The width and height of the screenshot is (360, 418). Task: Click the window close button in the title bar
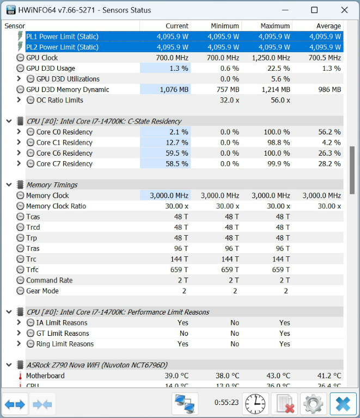[343, 10]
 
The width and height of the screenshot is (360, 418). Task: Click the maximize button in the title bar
[314, 10]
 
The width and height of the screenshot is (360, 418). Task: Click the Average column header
[328, 26]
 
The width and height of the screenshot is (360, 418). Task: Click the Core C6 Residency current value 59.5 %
[176, 153]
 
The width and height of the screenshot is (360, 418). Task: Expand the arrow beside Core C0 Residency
[19, 132]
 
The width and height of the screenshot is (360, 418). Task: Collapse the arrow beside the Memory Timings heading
[9, 185]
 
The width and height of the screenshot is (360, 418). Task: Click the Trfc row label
[32, 270]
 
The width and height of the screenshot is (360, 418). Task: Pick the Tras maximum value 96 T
[282, 249]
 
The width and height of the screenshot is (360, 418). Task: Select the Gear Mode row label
[42, 291]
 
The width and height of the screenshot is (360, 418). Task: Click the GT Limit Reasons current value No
[184, 334]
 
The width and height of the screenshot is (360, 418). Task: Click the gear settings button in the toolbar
[313, 404]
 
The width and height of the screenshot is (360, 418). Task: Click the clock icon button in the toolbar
[254, 404]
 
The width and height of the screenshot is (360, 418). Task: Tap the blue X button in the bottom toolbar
[343, 404]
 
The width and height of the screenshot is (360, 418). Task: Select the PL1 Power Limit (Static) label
[62, 36]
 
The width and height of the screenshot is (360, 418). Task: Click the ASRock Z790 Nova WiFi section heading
[97, 365]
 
